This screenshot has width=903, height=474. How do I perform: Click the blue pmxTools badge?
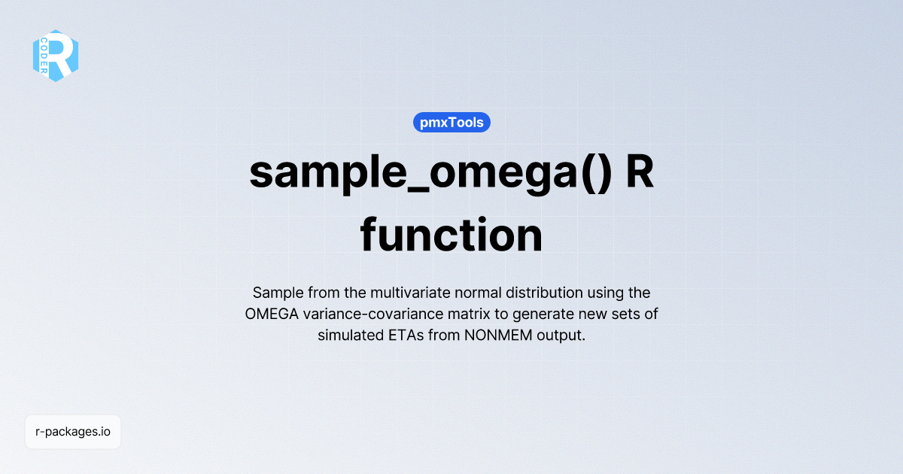451,122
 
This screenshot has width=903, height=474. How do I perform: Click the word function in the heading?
451,235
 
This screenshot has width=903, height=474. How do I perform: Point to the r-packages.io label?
73,432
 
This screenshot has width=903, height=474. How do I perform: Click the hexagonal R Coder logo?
56,56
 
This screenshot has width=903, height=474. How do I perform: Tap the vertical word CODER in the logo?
44,56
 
